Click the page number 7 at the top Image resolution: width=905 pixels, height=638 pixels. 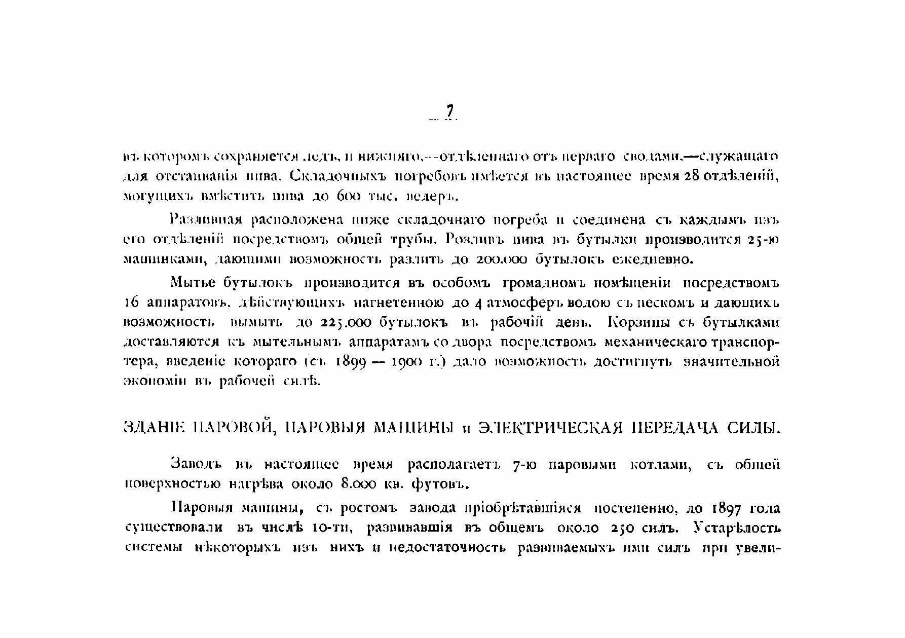[x=449, y=111]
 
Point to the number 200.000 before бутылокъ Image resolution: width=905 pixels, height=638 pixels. [x=502, y=260]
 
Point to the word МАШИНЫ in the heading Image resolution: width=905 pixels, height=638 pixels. [x=413, y=428]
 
